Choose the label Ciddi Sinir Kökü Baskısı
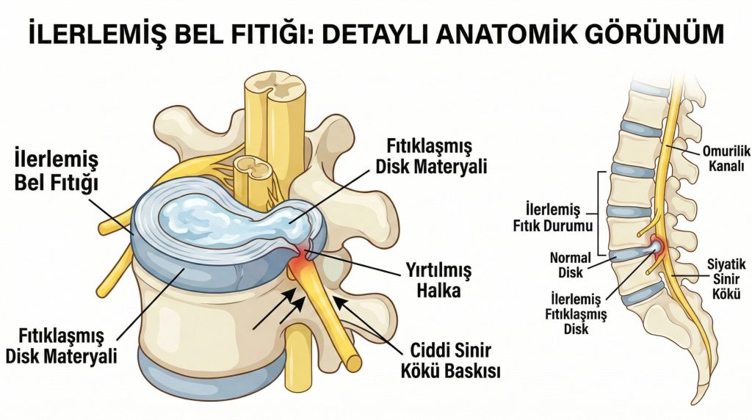[450, 361]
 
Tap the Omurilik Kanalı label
[726, 159]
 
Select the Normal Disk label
[570, 265]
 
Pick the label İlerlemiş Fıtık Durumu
[553, 217]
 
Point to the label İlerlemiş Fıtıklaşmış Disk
[576, 314]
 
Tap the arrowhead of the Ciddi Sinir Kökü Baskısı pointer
[336, 300]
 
